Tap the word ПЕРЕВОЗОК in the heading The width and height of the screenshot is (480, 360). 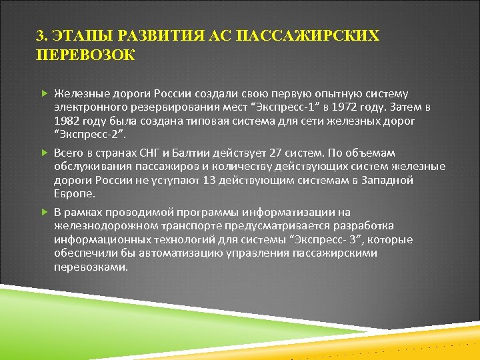(x=85, y=55)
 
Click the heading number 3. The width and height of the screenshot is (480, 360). (x=41, y=35)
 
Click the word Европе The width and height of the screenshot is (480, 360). (x=74, y=193)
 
